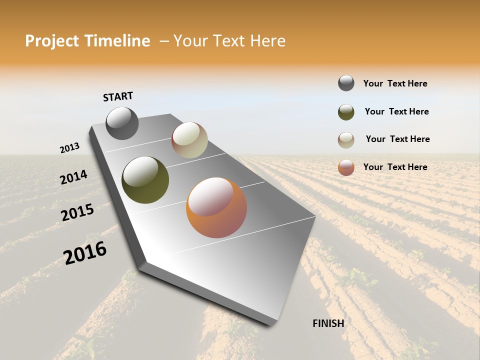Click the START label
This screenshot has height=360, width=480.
click(x=118, y=96)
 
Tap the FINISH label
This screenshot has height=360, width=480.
click(x=328, y=323)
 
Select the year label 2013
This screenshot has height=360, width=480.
click(x=69, y=148)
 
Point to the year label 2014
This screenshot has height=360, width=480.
click(x=73, y=177)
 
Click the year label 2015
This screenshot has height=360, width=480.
click(x=77, y=212)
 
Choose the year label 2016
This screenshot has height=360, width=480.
click(x=85, y=252)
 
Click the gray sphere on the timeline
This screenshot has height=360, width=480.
click(x=122, y=123)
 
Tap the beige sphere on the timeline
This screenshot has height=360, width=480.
click(x=189, y=140)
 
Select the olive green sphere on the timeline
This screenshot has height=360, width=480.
click(x=145, y=180)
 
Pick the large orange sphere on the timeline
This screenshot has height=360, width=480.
click(x=216, y=207)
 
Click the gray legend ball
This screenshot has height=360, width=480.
click(x=346, y=83)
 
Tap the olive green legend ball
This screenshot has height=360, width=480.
click(x=346, y=112)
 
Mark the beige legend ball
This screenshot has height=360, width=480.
click(x=346, y=140)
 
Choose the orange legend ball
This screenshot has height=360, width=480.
click(x=346, y=167)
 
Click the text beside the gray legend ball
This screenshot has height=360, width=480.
click(x=395, y=83)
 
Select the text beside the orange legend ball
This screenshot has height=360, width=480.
click(x=395, y=167)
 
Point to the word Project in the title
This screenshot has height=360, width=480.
click(x=52, y=41)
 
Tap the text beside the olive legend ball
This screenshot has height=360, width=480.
click(x=396, y=111)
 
